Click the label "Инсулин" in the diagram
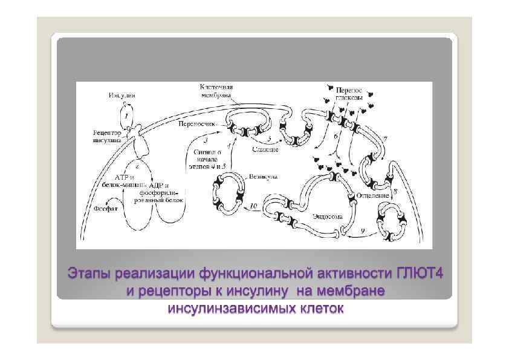coord(123,96)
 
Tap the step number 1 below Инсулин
coord(126,113)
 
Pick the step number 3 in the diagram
coord(206,140)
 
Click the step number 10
coord(253,206)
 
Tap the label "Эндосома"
coord(327,215)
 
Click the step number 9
coord(361,230)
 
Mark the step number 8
coord(395,191)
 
